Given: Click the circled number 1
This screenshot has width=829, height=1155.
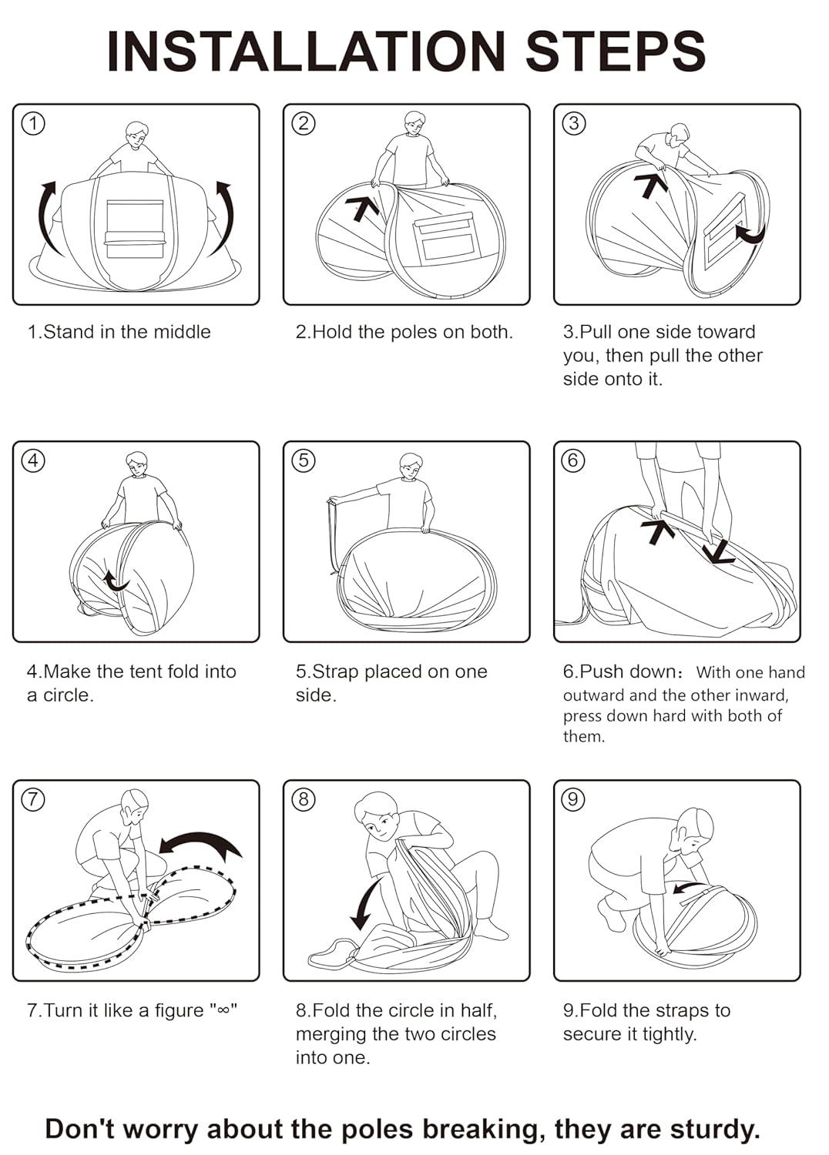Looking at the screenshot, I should [33, 123].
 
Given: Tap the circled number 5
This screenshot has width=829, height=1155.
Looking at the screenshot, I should [304, 460].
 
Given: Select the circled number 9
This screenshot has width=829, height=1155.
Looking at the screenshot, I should [573, 799].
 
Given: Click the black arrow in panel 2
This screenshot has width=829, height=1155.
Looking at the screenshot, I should [361, 206].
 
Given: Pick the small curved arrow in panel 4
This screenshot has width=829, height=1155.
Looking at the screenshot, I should [116, 581].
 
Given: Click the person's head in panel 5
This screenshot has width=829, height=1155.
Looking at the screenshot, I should [411, 466].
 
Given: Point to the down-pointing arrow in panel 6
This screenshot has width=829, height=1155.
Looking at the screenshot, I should [719, 551].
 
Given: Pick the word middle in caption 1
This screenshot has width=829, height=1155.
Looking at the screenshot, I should [182, 332].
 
